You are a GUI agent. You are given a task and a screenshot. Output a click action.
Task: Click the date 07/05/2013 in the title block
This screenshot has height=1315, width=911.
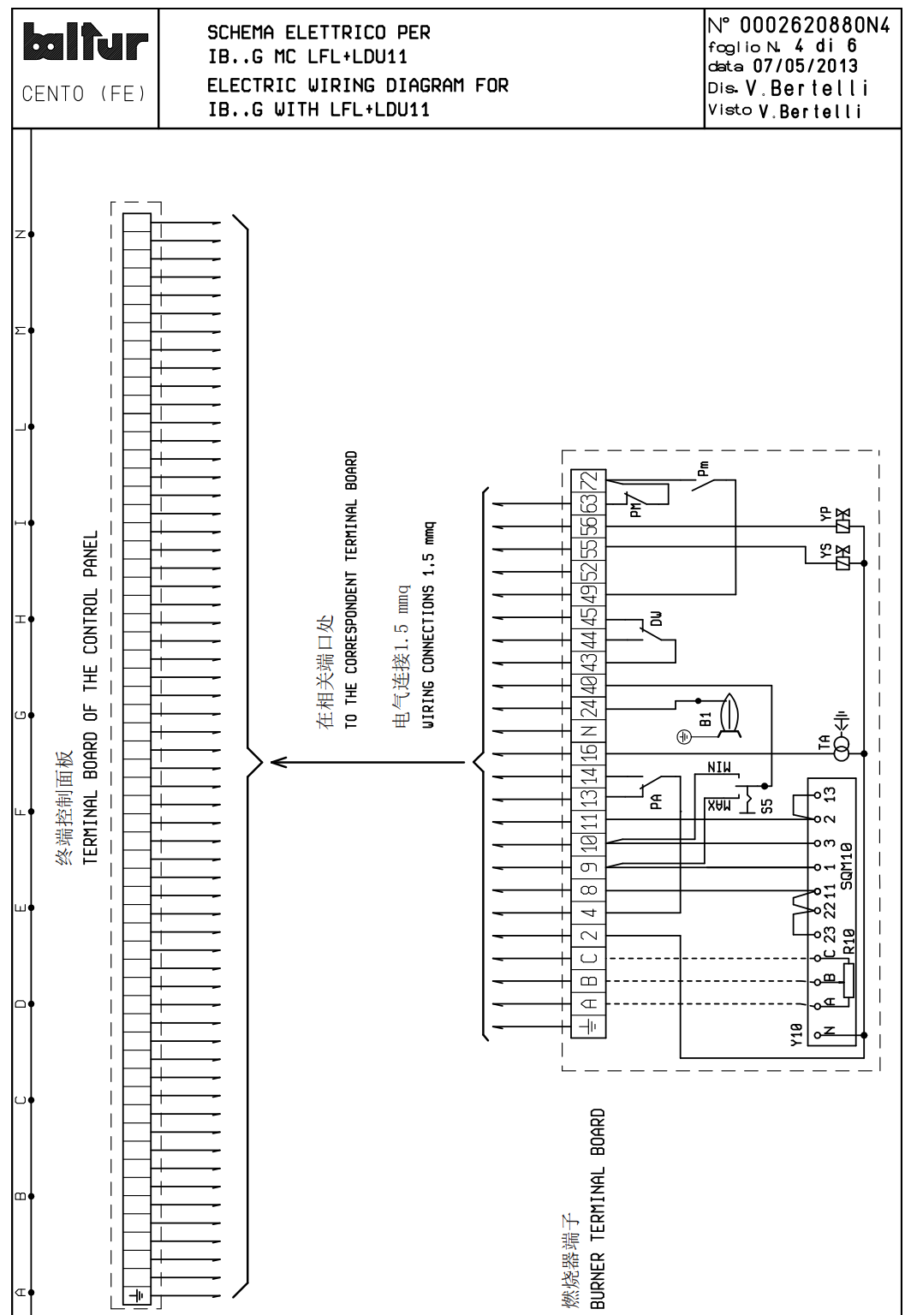pos(804,66)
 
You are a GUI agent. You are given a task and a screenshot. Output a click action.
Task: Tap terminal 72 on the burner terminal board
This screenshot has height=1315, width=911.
pos(588,481)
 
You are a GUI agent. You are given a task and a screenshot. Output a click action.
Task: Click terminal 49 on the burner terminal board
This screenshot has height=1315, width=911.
pos(588,593)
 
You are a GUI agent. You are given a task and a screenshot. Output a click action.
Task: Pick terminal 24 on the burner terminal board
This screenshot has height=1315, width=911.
pos(588,708)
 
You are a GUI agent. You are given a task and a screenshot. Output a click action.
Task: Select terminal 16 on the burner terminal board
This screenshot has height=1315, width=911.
pos(588,753)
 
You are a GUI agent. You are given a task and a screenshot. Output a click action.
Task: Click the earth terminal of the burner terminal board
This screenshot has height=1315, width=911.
pos(588,1026)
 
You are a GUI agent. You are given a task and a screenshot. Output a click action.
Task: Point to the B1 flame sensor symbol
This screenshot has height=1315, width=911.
pos(729,712)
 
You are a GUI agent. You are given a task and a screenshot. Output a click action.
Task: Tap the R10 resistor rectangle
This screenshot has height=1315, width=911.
pos(848,980)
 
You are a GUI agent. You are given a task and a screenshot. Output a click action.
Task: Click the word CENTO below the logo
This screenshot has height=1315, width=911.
pos(53,94)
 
